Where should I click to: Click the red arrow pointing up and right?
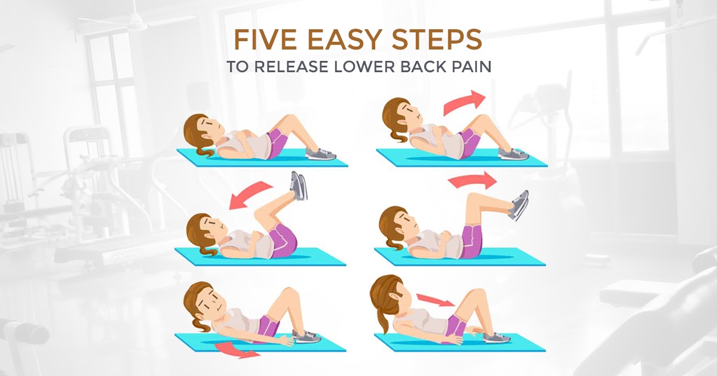click(x=462, y=103)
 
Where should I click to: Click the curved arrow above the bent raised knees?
click(x=472, y=180)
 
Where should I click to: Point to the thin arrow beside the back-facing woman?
click(x=435, y=300)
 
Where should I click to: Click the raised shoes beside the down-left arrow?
click(x=299, y=186)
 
